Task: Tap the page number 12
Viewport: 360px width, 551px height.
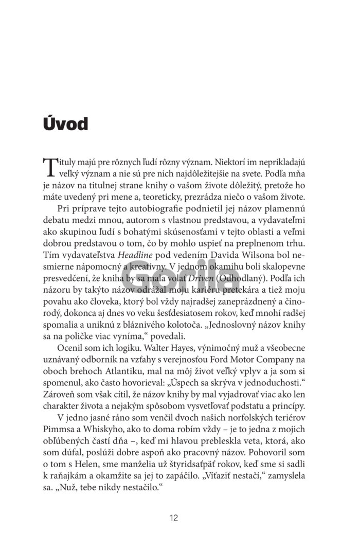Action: (x=174, y=518)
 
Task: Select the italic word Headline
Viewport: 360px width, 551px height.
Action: (x=135, y=254)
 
